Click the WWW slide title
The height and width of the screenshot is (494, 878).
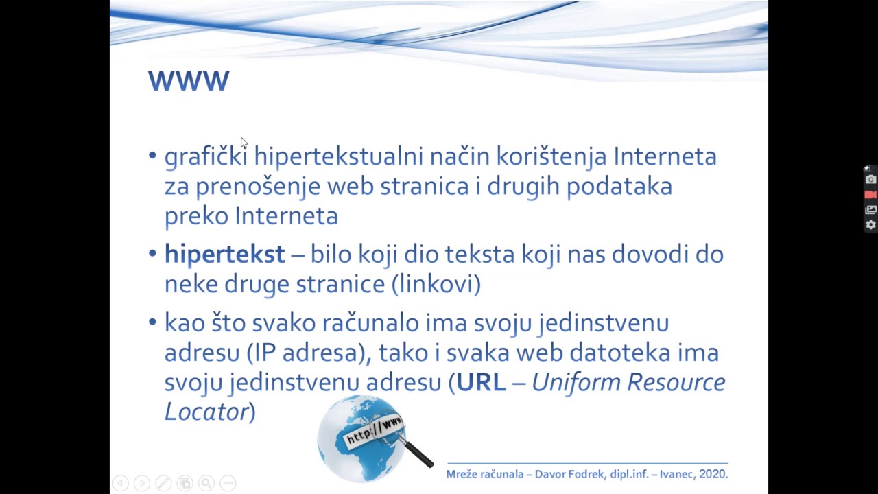pyautogui.click(x=189, y=81)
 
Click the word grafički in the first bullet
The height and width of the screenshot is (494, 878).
pyautogui.click(x=205, y=156)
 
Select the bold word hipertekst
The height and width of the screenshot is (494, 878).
pyautogui.click(x=224, y=255)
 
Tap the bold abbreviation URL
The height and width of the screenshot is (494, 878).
pyautogui.click(x=481, y=382)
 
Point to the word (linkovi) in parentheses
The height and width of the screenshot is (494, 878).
pyautogui.click(x=436, y=284)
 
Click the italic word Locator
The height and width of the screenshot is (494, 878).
pyautogui.click(x=206, y=412)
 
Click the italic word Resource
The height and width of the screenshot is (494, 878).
pyautogui.click(x=676, y=382)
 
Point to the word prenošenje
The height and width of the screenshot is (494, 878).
pyautogui.click(x=258, y=187)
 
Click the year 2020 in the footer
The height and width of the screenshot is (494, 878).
pyautogui.click(x=713, y=474)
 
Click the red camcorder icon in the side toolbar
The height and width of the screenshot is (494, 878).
pyautogui.click(x=870, y=195)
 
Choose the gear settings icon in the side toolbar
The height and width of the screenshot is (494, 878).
pyautogui.click(x=870, y=224)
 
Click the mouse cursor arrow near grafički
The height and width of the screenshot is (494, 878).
pyautogui.click(x=244, y=143)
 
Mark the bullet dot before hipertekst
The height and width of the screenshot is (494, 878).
pyautogui.click(x=152, y=255)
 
